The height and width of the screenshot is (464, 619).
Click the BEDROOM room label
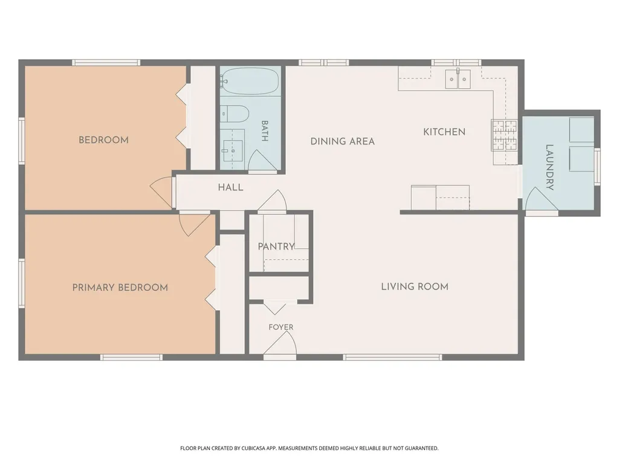[x=103, y=140]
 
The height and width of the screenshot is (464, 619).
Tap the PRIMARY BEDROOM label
[x=120, y=288]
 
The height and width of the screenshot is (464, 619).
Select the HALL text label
[x=230, y=187]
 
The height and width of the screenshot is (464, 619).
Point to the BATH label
[x=265, y=130]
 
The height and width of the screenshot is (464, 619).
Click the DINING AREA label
[x=343, y=141]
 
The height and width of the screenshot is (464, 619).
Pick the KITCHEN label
[x=444, y=132]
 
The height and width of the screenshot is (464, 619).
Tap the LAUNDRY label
[x=549, y=167]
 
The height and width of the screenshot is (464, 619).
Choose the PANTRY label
[x=276, y=246]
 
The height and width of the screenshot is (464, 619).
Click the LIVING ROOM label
[x=415, y=287]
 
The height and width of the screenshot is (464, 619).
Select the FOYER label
[x=281, y=327]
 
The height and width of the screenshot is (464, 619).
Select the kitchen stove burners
[x=504, y=135]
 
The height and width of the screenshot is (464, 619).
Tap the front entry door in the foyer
[x=281, y=344]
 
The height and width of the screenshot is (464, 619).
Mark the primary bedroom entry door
[x=193, y=224]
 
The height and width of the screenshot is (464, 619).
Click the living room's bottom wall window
[x=392, y=358]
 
